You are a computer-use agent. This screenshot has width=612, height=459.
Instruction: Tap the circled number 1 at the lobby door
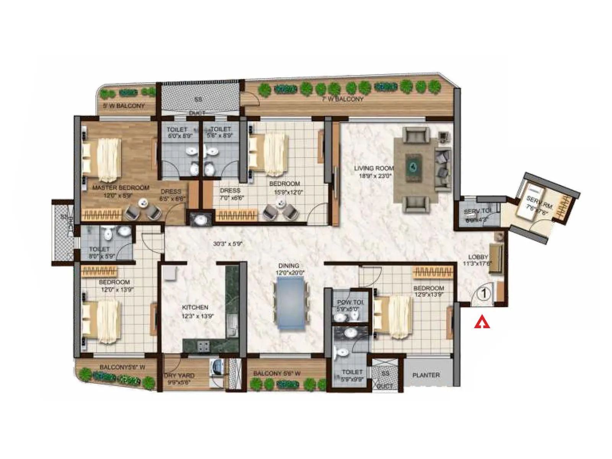tap(484, 294)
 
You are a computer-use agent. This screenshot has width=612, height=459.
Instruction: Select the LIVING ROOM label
tap(373, 168)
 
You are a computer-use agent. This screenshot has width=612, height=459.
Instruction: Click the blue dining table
tap(290, 303)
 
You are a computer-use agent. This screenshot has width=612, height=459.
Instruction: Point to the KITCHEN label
tap(195, 307)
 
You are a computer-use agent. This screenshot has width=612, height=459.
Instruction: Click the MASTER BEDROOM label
tap(120, 188)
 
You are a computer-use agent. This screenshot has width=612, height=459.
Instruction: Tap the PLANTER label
tap(426, 375)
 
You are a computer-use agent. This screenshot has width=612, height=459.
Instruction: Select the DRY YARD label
tap(179, 376)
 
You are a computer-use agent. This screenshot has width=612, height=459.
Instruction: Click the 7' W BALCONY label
tap(342, 99)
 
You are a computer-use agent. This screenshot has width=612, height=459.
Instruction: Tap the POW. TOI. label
tap(350, 302)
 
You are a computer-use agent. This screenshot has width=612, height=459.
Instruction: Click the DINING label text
tap(289, 265)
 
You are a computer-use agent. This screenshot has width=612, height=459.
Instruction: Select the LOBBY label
tap(478, 257)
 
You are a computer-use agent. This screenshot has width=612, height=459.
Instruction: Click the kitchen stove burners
tap(203, 346)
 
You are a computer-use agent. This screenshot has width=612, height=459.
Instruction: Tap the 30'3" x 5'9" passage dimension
tap(228, 243)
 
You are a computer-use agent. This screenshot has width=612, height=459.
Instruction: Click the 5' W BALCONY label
tap(124, 106)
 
